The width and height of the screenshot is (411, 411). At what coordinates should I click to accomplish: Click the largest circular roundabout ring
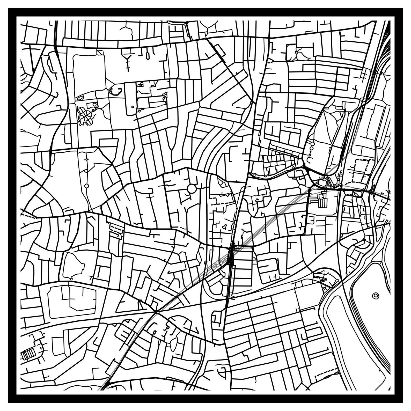click(192, 188)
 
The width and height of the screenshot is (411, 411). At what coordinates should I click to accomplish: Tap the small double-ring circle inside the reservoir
click(375, 295)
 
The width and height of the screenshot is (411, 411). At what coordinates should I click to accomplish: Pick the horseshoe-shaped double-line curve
click(116, 91)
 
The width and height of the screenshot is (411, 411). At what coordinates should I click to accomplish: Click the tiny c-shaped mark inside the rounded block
click(133, 106)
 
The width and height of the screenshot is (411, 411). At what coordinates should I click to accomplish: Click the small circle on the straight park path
click(86, 186)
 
